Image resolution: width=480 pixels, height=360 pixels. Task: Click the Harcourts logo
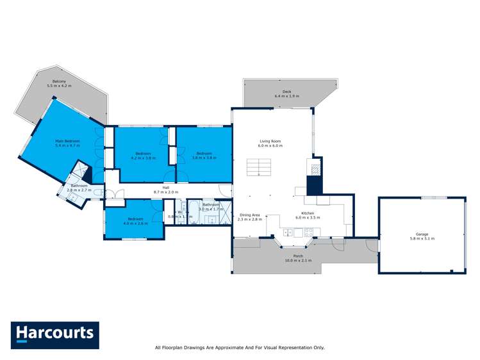coord(54,334)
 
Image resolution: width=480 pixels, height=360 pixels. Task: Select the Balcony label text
coord(59,81)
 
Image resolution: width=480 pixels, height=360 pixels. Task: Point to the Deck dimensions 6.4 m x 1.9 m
coord(286,96)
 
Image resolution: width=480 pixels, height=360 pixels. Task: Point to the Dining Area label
coord(250,215)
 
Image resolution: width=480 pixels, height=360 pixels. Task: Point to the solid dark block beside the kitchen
coord(313,185)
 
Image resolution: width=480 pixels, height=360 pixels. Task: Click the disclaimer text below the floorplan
coord(240,348)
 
